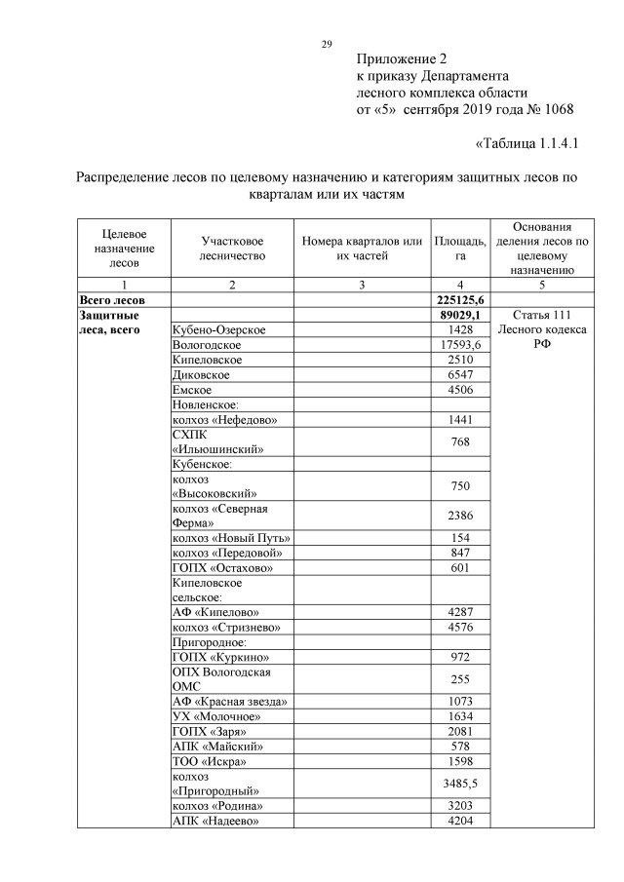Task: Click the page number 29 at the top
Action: [x=328, y=44]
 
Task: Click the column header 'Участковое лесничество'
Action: [x=232, y=248]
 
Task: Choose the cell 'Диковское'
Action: [x=201, y=374]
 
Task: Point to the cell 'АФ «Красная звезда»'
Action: [x=229, y=702]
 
